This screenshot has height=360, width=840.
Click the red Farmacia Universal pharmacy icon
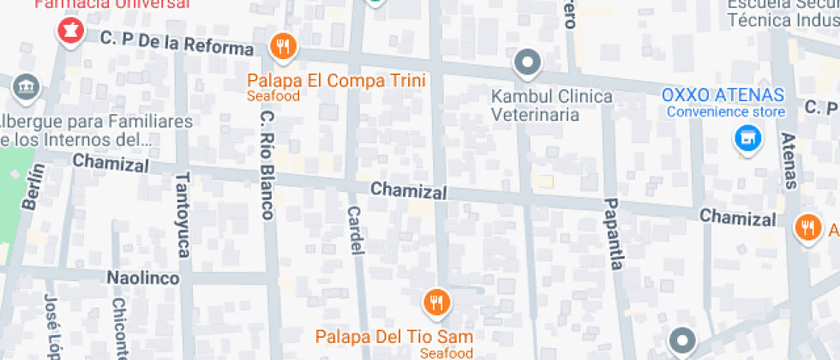(x=69, y=32)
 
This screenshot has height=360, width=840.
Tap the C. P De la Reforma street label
(x=177, y=43)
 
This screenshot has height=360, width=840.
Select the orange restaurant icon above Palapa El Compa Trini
(x=283, y=46)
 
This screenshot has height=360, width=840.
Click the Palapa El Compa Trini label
(x=336, y=81)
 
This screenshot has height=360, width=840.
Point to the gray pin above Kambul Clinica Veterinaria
(x=527, y=63)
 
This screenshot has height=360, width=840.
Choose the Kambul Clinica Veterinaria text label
(x=552, y=104)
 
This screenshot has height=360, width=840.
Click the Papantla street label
(x=613, y=234)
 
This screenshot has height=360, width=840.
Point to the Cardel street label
(x=356, y=230)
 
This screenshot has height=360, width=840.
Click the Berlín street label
(x=33, y=188)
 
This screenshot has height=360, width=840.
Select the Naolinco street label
(x=142, y=279)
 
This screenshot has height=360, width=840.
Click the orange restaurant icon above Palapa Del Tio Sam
(x=436, y=301)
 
